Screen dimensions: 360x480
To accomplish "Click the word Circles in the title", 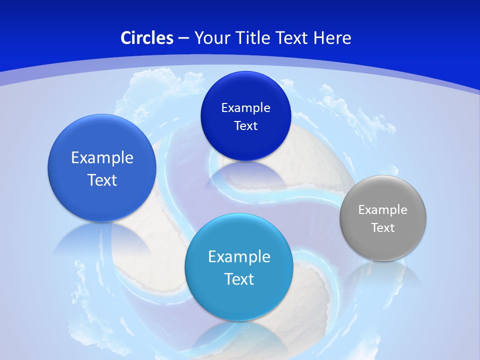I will pos(147,38).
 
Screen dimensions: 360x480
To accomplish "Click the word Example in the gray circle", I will pos(383,210).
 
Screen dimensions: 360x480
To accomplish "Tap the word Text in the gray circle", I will pos(383,228).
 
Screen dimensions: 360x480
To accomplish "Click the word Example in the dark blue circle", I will pos(245,108).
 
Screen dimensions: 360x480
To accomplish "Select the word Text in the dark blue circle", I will pos(245,126).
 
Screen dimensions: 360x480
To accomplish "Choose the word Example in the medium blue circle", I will pos(102,158).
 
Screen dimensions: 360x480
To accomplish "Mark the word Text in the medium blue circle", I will pos(102,180).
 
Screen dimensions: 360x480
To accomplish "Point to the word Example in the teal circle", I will pos(239,257).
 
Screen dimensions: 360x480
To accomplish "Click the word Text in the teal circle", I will pos(239,279).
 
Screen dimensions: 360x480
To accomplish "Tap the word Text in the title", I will pos(292,38).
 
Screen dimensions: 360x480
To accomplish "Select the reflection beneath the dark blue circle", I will pos(245,175).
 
